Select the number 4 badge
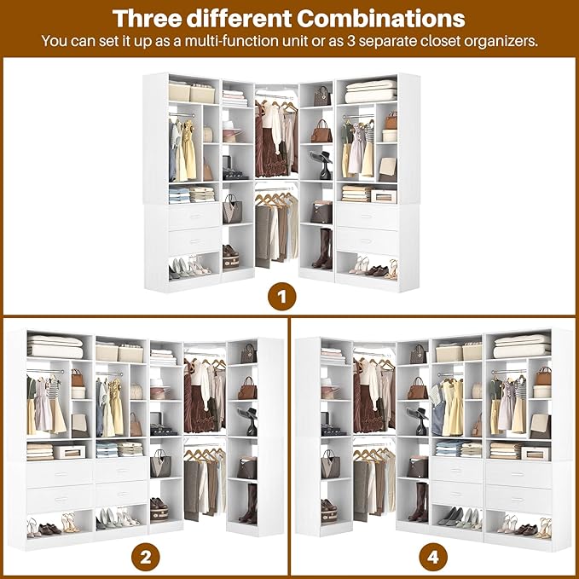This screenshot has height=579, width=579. [432, 559]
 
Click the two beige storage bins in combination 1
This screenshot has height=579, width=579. [192, 92]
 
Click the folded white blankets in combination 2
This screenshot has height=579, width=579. [55, 347]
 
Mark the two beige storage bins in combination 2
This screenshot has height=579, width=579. [119, 352]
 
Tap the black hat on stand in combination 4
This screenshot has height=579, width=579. [418, 418]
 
